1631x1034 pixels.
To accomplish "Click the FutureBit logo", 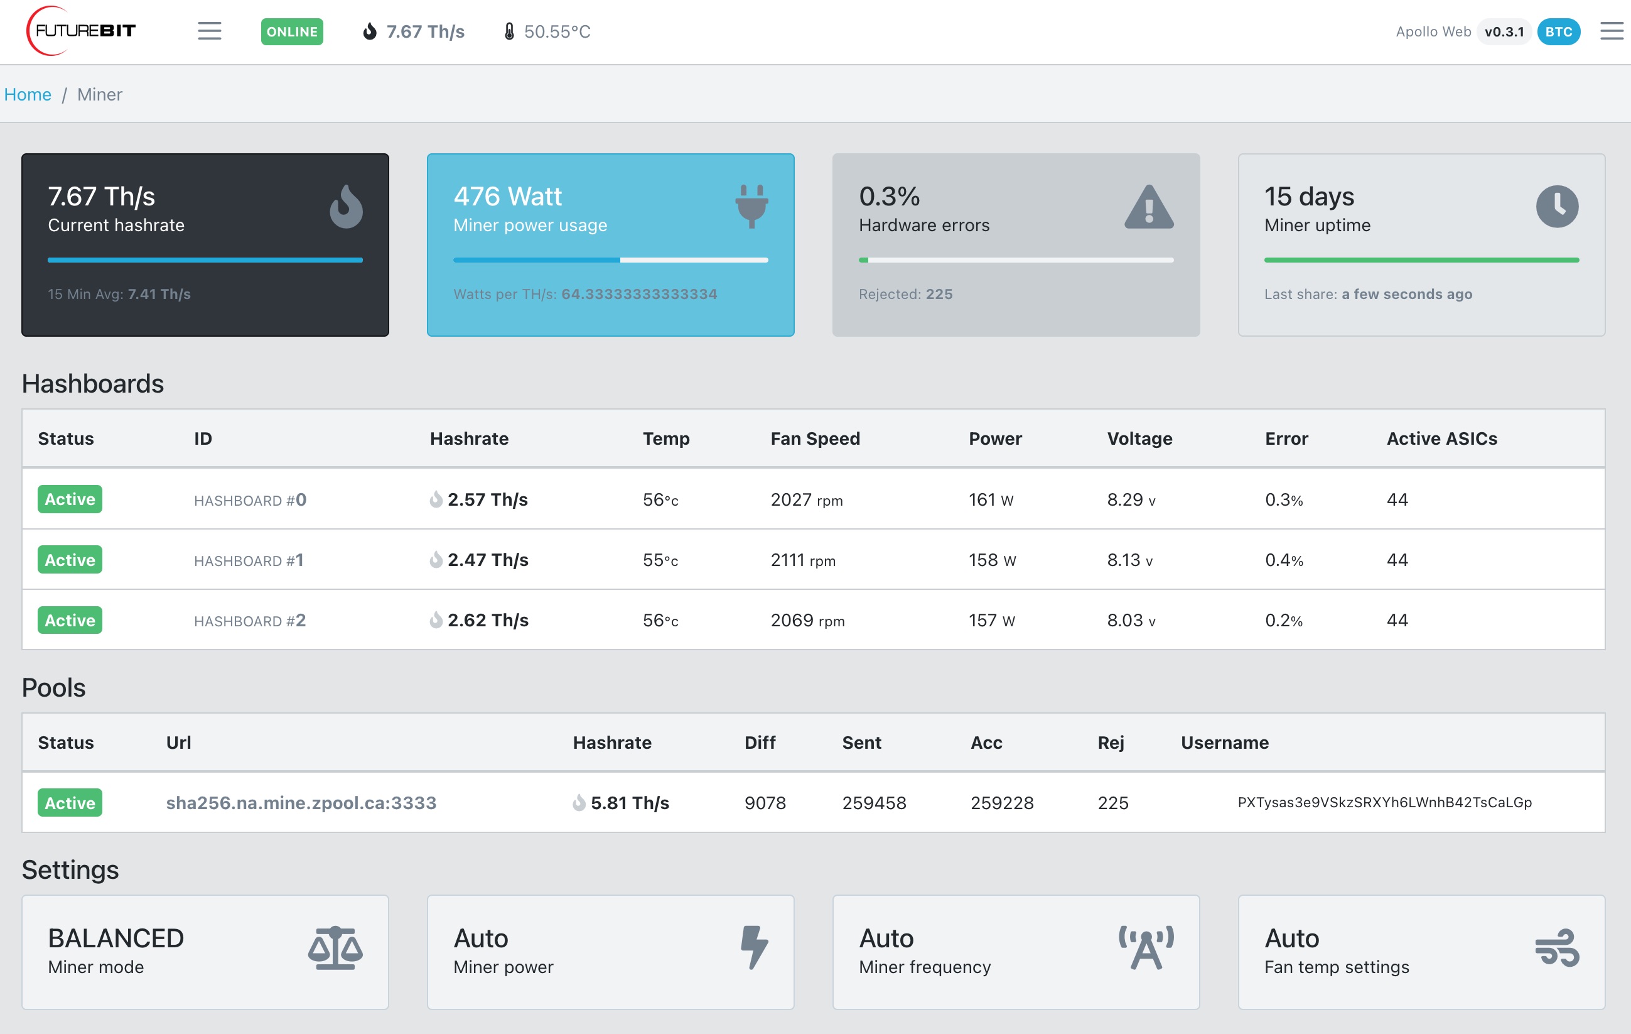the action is (80, 31).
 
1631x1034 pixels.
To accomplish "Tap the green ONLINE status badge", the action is (292, 32).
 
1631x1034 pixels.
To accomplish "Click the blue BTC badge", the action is (1559, 32).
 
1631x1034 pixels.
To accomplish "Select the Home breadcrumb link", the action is (28, 94).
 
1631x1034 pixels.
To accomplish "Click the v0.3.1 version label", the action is (1504, 32).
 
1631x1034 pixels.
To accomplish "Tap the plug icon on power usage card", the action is (752, 206).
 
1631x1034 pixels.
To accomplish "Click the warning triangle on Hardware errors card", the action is (1149, 207).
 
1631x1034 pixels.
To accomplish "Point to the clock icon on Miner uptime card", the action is (1557, 207).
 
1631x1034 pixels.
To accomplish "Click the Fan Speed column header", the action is (816, 438).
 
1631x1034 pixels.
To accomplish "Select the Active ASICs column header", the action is (1442, 438).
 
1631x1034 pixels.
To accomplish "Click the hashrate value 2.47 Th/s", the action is (488, 560).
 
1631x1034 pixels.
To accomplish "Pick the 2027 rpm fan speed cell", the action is (807, 499).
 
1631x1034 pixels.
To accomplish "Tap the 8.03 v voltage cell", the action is (1131, 620).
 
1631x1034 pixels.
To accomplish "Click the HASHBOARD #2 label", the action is (250, 621).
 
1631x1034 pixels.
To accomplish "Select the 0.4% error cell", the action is (1284, 560).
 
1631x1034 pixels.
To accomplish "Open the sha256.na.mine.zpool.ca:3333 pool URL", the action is (301, 803).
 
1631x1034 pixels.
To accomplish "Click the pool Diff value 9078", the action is (765, 803).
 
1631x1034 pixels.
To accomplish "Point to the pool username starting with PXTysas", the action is (1384, 803).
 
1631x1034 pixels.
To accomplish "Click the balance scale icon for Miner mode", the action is (335, 948).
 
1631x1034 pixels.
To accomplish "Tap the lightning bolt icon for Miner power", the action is (754, 947).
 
